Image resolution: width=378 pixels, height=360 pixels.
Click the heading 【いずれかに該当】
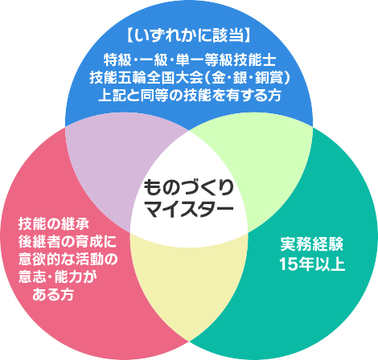tap(189, 35)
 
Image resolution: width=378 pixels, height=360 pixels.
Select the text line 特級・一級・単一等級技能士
tap(190, 60)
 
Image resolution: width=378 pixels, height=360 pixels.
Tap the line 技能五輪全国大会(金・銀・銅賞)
tap(190, 78)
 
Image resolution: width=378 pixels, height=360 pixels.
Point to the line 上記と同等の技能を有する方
tap(190, 96)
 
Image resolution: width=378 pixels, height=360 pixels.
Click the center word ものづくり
tap(189, 188)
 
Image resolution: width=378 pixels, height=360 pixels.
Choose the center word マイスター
tap(189, 209)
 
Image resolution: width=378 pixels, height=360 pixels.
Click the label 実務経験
tap(311, 244)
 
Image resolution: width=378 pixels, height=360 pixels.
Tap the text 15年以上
tap(312, 264)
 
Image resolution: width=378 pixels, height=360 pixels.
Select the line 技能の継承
tap(53, 224)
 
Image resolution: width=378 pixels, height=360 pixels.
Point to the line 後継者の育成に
tap(68, 242)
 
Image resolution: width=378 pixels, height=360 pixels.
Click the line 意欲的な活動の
tap(68, 260)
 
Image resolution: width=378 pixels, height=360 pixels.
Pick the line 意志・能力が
tap(58, 277)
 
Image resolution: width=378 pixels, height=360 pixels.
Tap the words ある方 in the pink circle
tap(53, 295)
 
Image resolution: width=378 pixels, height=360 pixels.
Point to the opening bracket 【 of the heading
tap(129, 35)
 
